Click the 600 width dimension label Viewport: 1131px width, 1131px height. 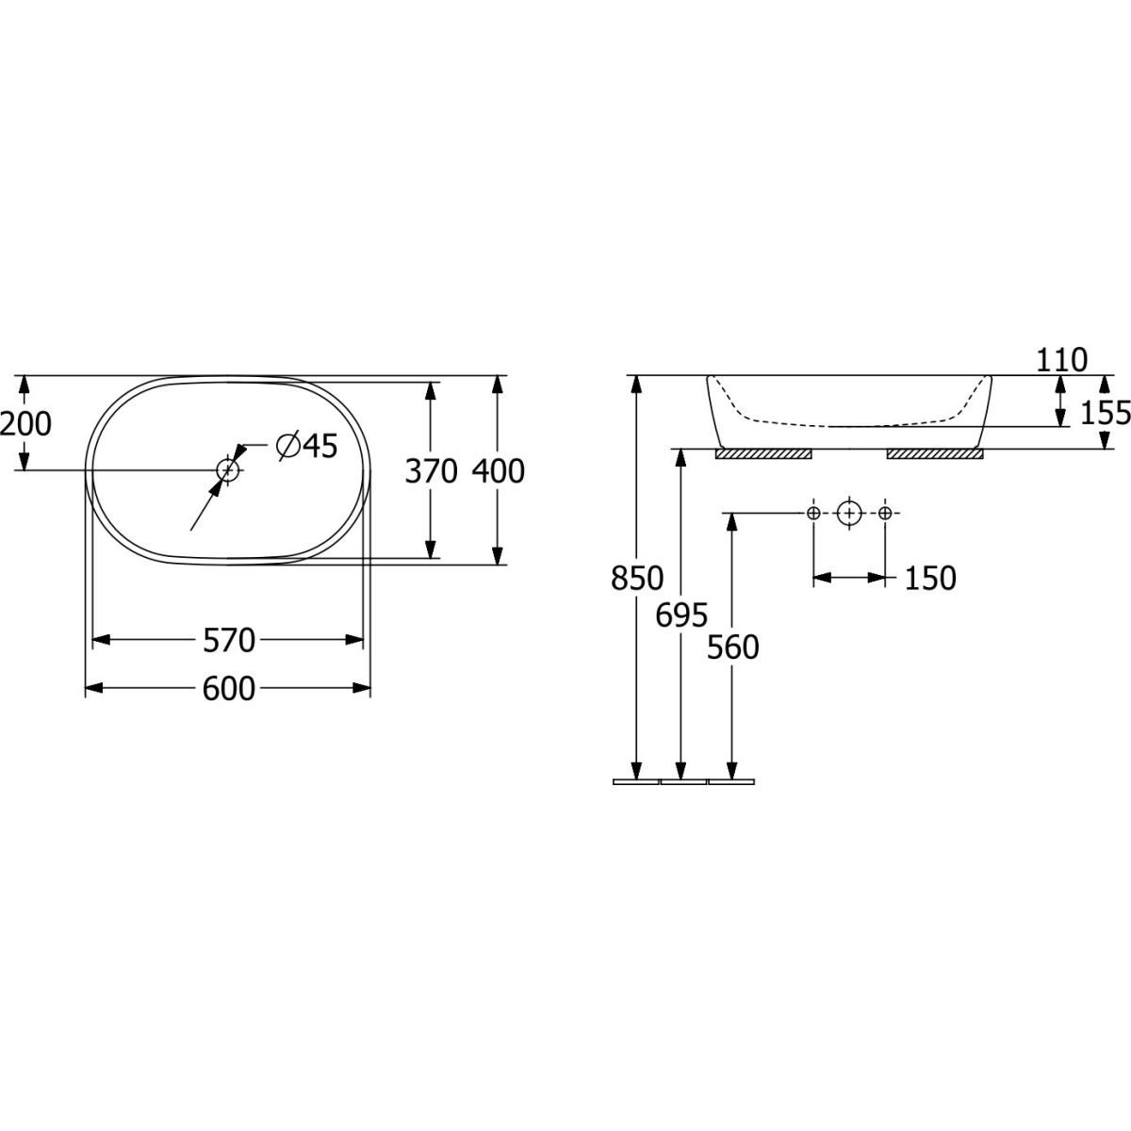[x=229, y=688]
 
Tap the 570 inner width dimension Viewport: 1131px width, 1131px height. [x=229, y=640]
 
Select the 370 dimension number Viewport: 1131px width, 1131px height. [x=431, y=471]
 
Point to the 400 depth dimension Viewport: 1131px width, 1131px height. [x=498, y=471]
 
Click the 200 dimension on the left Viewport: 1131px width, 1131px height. [x=25, y=423]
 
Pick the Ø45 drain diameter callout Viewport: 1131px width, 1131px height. [x=307, y=446]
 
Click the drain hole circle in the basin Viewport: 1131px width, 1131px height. [x=228, y=469]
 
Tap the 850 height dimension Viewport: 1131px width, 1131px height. [x=637, y=578]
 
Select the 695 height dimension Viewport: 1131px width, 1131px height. [x=681, y=615]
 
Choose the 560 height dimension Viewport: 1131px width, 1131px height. [x=732, y=647]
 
